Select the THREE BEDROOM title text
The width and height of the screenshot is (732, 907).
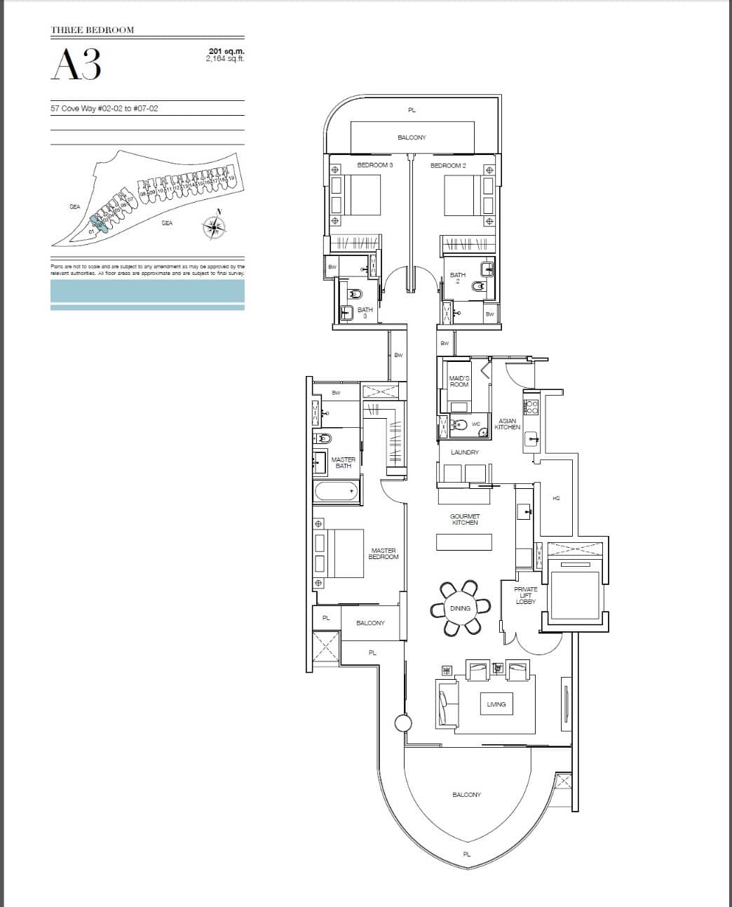(x=92, y=30)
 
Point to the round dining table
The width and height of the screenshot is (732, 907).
(x=460, y=608)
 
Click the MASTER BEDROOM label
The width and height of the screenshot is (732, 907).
(x=384, y=553)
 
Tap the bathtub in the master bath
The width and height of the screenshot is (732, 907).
(x=336, y=490)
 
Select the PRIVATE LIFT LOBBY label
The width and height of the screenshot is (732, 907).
(x=525, y=596)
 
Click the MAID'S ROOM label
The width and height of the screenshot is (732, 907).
(x=459, y=381)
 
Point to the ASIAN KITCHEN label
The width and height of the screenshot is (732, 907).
(x=507, y=424)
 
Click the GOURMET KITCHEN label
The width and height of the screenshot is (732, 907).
(x=464, y=519)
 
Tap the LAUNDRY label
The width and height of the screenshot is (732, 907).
(x=464, y=452)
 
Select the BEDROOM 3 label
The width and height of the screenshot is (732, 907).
(x=375, y=165)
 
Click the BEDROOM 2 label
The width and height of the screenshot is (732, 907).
(x=448, y=165)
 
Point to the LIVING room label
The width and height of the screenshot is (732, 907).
(x=496, y=704)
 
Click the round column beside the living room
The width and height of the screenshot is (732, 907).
(x=403, y=723)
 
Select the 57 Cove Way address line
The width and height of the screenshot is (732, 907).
(x=99, y=109)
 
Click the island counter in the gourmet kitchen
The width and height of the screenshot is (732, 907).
(x=464, y=542)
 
